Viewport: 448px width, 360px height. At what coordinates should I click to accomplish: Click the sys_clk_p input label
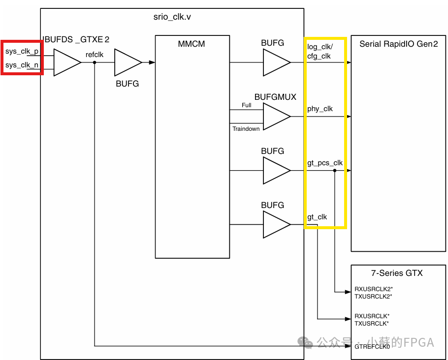tap(22, 52)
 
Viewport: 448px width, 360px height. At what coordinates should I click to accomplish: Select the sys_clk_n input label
tap(22, 65)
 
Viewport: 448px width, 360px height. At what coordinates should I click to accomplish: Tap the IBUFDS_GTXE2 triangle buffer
tap(65, 62)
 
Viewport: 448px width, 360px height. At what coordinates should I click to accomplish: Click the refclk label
tap(95, 55)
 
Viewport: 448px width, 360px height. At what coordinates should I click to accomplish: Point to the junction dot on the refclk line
tap(95, 62)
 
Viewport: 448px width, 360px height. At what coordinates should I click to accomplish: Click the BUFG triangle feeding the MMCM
tap(127, 62)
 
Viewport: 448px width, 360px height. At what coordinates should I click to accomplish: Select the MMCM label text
tap(192, 44)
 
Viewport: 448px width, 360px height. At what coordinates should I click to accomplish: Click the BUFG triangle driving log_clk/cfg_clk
tap(276, 62)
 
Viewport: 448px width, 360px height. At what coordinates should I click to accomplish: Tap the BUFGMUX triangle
tap(276, 117)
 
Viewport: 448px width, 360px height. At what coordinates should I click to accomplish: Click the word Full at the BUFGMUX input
tap(246, 105)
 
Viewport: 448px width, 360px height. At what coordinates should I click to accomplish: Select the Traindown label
tap(246, 129)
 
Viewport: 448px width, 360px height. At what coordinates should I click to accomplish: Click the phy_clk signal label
tap(320, 109)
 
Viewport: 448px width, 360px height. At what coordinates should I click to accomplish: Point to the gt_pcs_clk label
tap(325, 163)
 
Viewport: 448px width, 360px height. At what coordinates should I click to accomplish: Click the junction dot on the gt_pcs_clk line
tap(335, 171)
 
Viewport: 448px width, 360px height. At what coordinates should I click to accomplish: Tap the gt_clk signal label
tap(317, 217)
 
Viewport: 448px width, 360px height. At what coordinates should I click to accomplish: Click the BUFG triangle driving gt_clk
tap(276, 224)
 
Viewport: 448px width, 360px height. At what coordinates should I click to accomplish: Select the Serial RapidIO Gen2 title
tap(399, 44)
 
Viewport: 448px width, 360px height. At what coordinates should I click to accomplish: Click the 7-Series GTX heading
tap(397, 273)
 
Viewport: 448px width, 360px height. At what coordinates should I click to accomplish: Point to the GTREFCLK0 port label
tap(372, 346)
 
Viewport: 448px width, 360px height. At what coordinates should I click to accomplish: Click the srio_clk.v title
tap(172, 17)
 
